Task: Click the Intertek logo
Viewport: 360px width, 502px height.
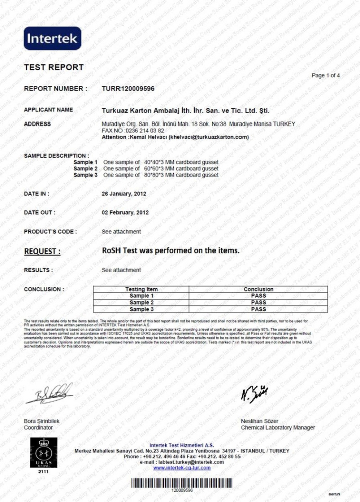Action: [x=52, y=38]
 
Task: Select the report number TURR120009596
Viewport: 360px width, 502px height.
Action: [x=128, y=89]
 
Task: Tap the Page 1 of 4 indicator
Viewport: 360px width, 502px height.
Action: [x=326, y=76]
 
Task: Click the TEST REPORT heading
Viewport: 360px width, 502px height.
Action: [x=54, y=67]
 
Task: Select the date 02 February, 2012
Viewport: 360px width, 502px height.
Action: [x=125, y=212]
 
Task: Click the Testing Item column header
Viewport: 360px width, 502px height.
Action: [x=141, y=289]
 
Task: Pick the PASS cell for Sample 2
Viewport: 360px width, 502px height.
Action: [x=258, y=303]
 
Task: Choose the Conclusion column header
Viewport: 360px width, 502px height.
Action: [x=258, y=289]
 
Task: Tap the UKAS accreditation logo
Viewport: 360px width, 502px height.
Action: [x=40, y=453]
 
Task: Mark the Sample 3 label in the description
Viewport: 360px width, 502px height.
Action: [x=85, y=175]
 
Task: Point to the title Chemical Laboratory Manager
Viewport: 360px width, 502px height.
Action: [x=278, y=428]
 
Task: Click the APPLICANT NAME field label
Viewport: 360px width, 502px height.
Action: [x=48, y=110]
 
